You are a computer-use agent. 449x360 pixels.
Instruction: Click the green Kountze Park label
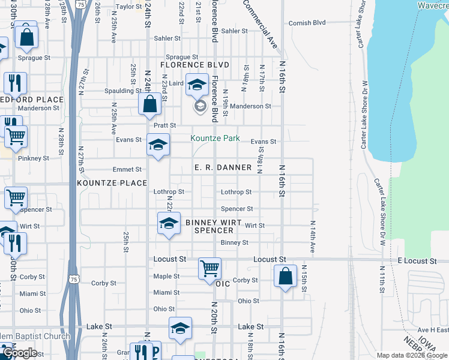(215, 139)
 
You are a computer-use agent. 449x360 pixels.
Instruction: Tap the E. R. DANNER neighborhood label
(223, 167)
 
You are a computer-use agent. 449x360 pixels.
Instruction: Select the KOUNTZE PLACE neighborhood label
(112, 182)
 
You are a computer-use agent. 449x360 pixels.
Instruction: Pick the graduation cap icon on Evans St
(158, 145)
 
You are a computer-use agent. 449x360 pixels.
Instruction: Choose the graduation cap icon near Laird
(196, 85)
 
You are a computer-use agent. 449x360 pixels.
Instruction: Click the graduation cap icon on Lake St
(179, 328)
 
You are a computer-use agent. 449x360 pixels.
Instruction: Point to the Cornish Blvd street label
(307, 23)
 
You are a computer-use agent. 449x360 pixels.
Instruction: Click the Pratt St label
(164, 125)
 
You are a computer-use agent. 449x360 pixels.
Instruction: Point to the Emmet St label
(130, 169)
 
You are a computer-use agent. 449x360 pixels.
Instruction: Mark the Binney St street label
(234, 242)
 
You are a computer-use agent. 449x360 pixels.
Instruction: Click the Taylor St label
(128, 7)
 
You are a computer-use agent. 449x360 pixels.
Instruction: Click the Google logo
(20, 353)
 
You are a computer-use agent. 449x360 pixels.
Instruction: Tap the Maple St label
(166, 277)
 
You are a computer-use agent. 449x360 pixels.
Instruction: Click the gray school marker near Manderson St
(200, 107)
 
